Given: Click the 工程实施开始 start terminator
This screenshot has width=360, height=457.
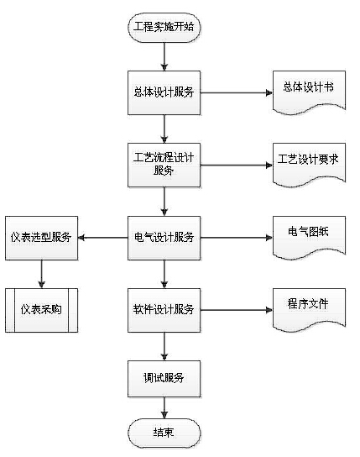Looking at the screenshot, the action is [x=164, y=28].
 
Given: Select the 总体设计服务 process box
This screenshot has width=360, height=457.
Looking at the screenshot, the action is [x=164, y=92].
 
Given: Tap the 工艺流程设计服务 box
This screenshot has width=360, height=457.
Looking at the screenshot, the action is [x=164, y=165].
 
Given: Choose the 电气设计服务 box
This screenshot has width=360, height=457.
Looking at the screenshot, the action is [x=164, y=238].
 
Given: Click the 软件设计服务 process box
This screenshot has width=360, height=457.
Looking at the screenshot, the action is [x=164, y=310].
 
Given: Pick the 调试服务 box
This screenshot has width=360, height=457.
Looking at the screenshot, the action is [x=164, y=379].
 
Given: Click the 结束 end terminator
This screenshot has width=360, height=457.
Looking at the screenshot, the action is [x=164, y=433].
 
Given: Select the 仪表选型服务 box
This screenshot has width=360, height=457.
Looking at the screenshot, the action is [x=42, y=238].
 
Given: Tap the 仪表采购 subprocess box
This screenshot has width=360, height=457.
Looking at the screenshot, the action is [x=42, y=310].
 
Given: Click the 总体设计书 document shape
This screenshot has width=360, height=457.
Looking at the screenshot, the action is [x=309, y=92].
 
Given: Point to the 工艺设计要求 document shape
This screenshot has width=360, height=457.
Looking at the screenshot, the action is [x=309, y=164].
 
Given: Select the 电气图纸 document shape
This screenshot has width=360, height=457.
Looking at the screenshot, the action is [x=309, y=237].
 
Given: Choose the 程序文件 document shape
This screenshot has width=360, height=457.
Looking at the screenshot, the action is [x=309, y=309].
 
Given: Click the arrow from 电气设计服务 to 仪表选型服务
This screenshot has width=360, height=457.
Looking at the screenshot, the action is [x=103, y=238].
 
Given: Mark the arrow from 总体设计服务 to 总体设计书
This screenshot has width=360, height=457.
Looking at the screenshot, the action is [x=237, y=93].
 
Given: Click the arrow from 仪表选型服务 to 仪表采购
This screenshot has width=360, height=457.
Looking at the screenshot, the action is [x=42, y=274].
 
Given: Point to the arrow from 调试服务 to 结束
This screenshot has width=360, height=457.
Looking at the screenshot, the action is [x=164, y=407].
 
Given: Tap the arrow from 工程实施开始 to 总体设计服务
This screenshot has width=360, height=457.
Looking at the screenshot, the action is [x=164, y=56].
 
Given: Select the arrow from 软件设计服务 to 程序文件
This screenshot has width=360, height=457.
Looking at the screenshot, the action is [x=237, y=310].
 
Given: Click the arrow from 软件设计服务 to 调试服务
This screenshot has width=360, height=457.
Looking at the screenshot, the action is [x=164, y=346].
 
